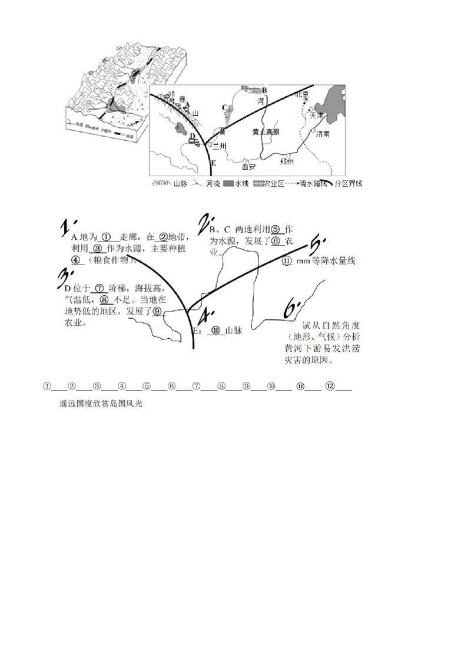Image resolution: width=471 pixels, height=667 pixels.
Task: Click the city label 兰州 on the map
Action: (219, 146)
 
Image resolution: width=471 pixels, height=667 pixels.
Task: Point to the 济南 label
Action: (323, 134)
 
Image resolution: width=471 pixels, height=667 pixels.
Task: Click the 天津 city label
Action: (317, 116)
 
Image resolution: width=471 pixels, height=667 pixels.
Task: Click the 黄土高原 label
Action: (265, 132)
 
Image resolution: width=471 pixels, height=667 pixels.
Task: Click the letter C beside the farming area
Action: (224, 107)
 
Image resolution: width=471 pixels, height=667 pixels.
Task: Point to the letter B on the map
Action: (264, 90)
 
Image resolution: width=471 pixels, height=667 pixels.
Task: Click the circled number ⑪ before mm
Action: (287, 260)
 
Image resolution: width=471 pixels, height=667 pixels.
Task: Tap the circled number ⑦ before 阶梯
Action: (99, 288)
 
